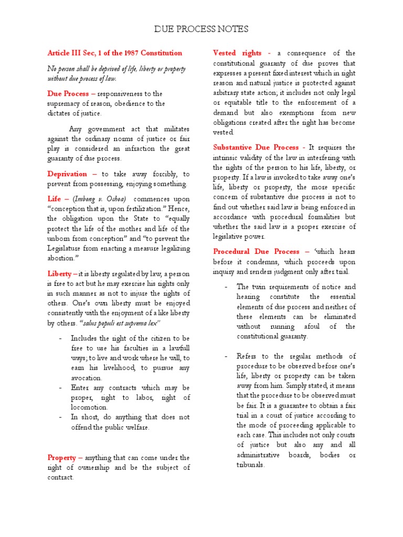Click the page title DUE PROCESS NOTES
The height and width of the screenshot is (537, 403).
click(201, 29)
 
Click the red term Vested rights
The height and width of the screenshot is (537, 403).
click(236, 53)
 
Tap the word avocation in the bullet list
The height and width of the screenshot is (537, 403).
click(87, 378)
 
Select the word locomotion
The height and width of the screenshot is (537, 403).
click(89, 407)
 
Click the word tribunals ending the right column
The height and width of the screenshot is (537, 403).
click(250, 465)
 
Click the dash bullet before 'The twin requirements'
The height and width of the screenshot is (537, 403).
click(226, 287)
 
